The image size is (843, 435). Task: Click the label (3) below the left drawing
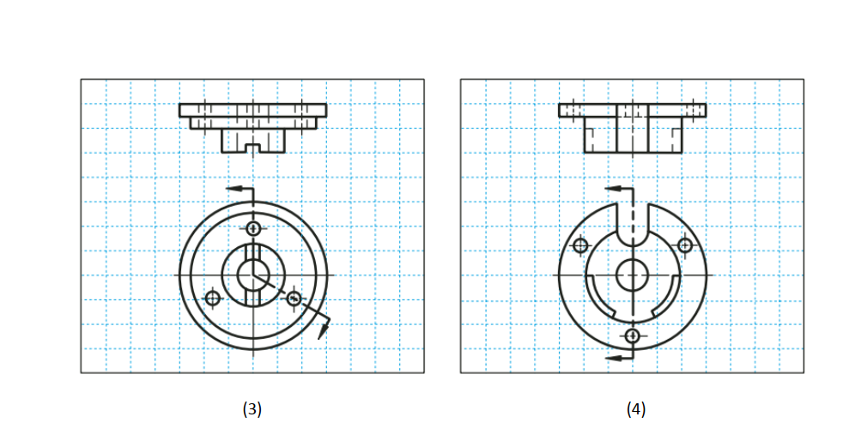(x=252, y=409)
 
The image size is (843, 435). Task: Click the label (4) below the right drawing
(x=635, y=409)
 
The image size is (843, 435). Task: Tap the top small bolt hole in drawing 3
(x=253, y=228)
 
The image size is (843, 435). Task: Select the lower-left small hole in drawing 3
(x=213, y=298)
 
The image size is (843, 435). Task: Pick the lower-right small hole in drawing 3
(x=294, y=298)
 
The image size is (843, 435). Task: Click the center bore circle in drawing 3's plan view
(x=253, y=275)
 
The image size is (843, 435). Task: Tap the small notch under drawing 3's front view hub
(x=253, y=148)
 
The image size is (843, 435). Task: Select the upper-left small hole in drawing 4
(x=580, y=245)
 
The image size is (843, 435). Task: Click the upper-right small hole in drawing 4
(x=685, y=245)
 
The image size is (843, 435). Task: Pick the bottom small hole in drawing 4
(x=633, y=335)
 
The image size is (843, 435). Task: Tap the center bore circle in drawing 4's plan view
(x=633, y=275)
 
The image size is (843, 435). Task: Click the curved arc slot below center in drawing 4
(x=633, y=317)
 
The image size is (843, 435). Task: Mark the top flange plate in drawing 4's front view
(x=633, y=110)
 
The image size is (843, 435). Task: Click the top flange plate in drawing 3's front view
(x=253, y=110)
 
